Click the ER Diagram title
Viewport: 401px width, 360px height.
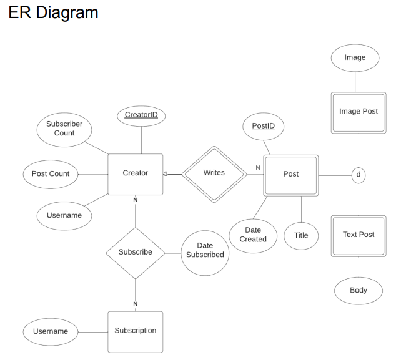[53, 12]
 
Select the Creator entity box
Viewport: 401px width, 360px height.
[136, 173]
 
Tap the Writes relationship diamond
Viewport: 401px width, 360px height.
[214, 174]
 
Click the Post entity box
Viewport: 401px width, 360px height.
[291, 174]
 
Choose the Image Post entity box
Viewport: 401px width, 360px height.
[359, 112]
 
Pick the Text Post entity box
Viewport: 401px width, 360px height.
[359, 235]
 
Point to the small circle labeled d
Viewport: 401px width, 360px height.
[359, 175]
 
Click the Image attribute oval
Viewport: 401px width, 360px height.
[355, 58]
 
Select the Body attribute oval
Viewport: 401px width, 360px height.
[359, 290]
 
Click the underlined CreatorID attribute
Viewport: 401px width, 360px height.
[141, 115]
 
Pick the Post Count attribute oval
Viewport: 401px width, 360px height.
[51, 173]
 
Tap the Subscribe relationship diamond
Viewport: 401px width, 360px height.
[136, 253]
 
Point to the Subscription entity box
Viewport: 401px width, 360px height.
[136, 331]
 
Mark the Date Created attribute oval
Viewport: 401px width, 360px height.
[253, 235]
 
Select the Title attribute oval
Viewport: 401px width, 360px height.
[302, 235]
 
